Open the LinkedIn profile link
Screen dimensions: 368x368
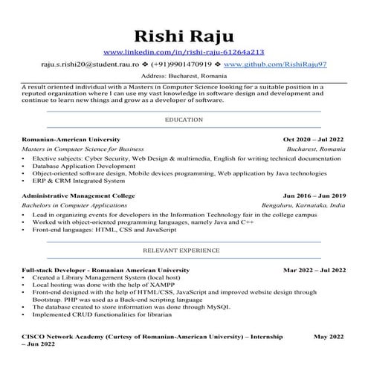point(183,52)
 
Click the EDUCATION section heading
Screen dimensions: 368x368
point(184,120)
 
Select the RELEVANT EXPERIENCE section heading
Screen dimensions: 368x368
point(184,251)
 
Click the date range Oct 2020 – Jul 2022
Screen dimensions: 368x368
point(314,139)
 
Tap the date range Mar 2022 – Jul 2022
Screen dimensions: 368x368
point(314,270)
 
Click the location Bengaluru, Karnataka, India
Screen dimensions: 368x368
point(303,204)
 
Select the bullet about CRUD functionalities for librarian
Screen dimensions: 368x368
point(104,314)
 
